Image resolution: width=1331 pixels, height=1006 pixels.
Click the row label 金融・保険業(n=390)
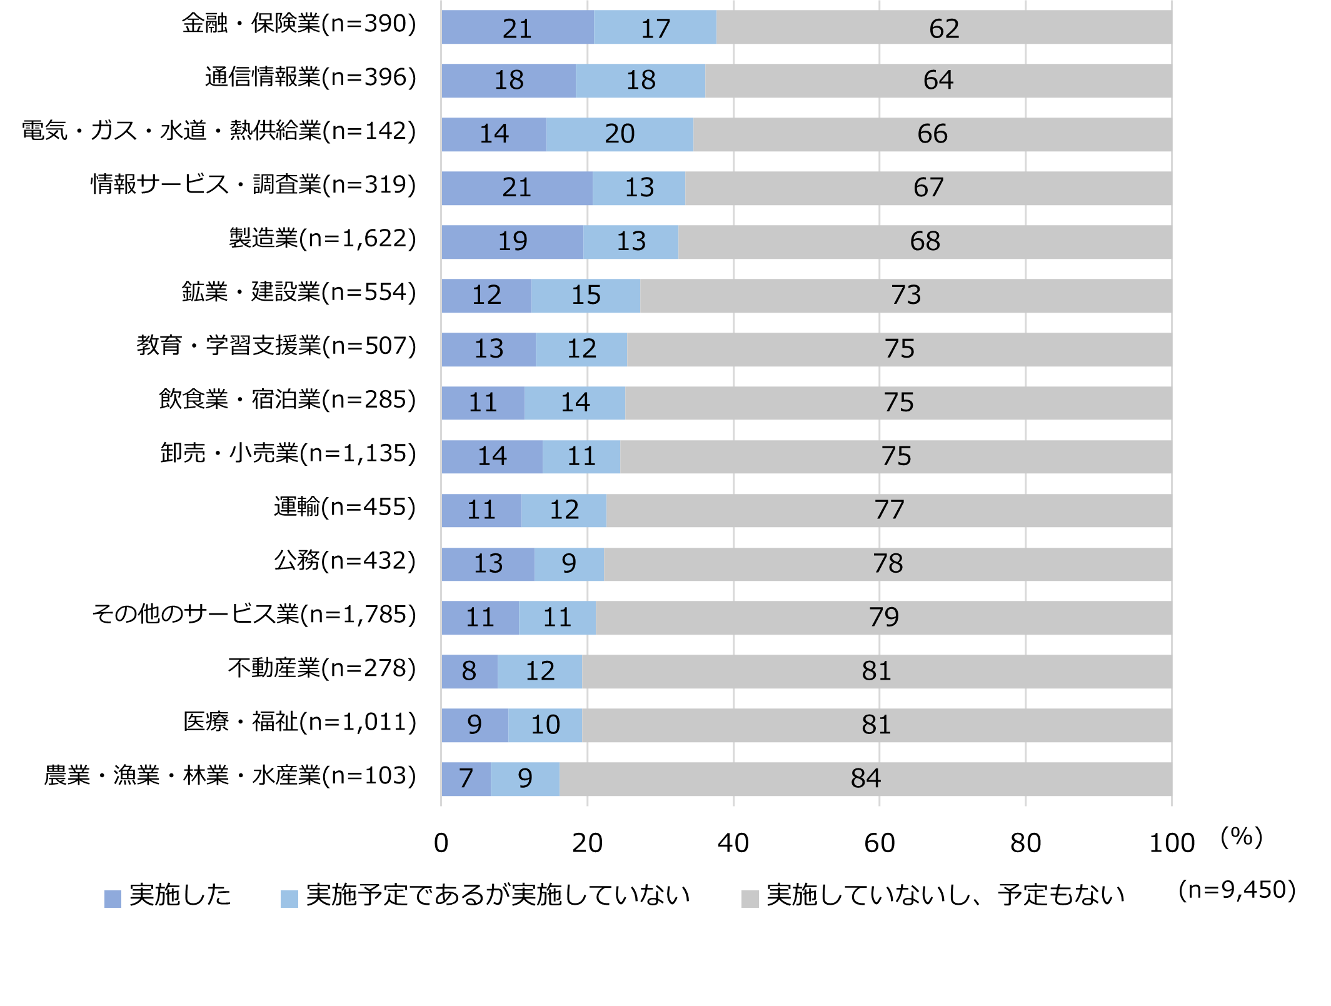click(299, 24)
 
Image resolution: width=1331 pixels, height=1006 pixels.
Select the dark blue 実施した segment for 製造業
click(512, 241)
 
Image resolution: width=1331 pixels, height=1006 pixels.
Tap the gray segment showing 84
click(865, 778)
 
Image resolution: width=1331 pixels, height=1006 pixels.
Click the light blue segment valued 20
click(620, 134)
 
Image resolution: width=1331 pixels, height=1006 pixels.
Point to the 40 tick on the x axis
click(733, 843)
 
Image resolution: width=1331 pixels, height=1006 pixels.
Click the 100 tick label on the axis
click(1171, 843)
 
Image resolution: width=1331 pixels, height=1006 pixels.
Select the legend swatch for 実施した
click(113, 898)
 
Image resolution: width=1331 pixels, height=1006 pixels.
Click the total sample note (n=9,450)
click(1237, 890)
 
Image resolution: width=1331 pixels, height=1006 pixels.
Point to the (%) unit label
click(1242, 837)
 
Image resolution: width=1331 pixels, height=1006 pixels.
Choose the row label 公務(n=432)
click(345, 561)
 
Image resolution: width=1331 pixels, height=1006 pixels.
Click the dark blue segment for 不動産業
click(469, 671)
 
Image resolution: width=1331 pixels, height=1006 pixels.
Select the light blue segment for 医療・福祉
click(545, 725)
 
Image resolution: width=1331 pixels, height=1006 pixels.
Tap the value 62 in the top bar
click(943, 29)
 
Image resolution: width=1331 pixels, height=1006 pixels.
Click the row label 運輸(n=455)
click(345, 507)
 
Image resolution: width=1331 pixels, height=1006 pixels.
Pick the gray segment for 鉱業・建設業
click(905, 295)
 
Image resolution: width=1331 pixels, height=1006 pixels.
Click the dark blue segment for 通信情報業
click(508, 80)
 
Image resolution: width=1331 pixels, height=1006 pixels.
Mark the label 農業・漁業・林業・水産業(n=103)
click(230, 776)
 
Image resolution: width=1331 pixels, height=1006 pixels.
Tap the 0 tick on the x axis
click(441, 843)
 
